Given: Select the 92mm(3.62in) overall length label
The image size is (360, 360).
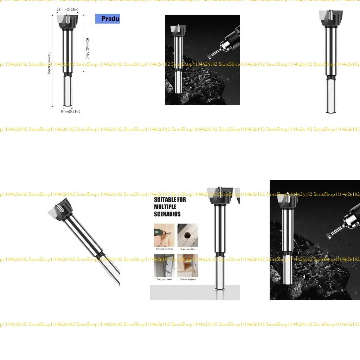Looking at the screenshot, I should (49, 63).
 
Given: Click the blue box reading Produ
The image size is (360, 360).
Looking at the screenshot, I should (108, 19).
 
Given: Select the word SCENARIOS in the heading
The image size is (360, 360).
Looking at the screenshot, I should (167, 214).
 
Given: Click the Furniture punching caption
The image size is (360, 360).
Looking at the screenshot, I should (164, 249).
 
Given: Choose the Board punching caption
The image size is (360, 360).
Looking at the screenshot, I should (188, 249).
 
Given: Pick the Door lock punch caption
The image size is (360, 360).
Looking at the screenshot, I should (164, 279).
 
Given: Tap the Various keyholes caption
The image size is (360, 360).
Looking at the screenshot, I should (188, 279).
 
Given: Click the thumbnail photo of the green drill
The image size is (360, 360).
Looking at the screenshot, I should (164, 235).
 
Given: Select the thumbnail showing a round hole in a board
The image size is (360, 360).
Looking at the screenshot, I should (188, 235).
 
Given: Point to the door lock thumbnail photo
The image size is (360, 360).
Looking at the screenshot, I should (164, 265).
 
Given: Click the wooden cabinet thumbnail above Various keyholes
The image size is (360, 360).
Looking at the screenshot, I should (188, 265).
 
